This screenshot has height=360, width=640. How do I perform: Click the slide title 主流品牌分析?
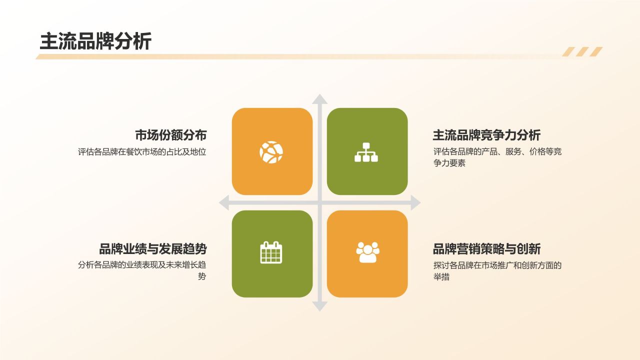95,41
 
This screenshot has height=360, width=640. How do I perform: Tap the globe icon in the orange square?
271,152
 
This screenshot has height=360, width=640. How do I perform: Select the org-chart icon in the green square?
366,152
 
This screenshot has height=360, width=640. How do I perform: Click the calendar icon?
271,252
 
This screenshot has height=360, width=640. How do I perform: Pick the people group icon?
367,252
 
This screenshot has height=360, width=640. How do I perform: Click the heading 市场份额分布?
170,135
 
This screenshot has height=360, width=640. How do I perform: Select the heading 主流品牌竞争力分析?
486,135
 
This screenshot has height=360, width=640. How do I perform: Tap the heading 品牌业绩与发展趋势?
152,249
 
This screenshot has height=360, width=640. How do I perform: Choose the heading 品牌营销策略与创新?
486,249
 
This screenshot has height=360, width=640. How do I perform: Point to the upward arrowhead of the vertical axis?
320,99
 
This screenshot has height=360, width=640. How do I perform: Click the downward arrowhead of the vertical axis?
320,306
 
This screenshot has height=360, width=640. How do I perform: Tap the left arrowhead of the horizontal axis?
224,203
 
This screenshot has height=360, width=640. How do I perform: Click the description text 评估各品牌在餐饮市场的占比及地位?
142,152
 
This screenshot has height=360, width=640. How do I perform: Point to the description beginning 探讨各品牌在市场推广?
497,265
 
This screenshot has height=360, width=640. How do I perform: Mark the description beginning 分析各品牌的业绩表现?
142,265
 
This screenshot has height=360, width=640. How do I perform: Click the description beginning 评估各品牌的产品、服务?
497,152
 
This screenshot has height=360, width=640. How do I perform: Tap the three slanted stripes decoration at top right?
582,52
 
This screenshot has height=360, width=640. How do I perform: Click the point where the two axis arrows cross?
320,203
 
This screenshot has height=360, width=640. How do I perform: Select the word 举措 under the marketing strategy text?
441,277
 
